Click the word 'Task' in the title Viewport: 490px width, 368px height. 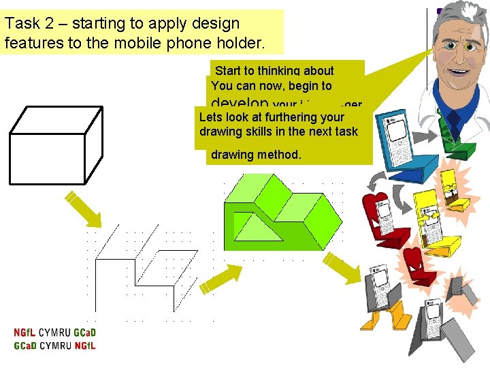pos(21,23)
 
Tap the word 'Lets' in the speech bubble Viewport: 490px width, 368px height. pos(210,117)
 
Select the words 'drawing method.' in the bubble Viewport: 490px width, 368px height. pos(255,155)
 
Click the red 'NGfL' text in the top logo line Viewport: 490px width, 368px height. pos(25,333)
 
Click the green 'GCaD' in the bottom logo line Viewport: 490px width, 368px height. pos(25,346)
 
